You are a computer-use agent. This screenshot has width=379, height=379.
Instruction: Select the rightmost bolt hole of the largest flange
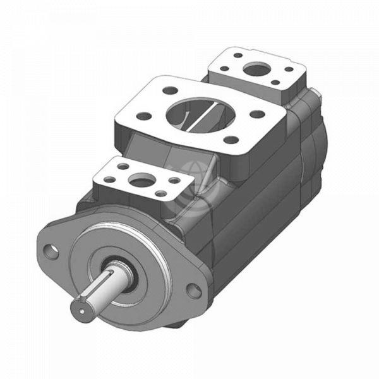[x=257, y=114]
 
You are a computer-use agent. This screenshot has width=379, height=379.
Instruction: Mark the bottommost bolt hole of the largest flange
[x=231, y=140]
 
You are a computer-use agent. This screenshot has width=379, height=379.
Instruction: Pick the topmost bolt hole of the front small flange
[x=124, y=167]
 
